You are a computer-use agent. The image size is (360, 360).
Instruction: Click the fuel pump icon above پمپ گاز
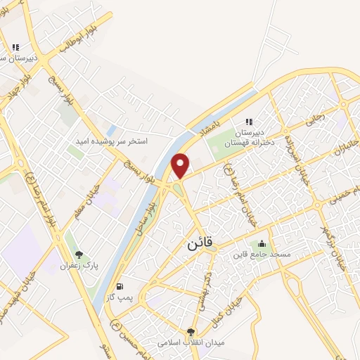click(x=120, y=286)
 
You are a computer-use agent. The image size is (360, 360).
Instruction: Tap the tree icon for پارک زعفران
click(x=79, y=255)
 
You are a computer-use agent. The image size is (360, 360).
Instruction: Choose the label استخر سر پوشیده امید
click(x=112, y=141)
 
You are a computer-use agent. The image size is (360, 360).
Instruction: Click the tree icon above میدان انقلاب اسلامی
click(x=191, y=332)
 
